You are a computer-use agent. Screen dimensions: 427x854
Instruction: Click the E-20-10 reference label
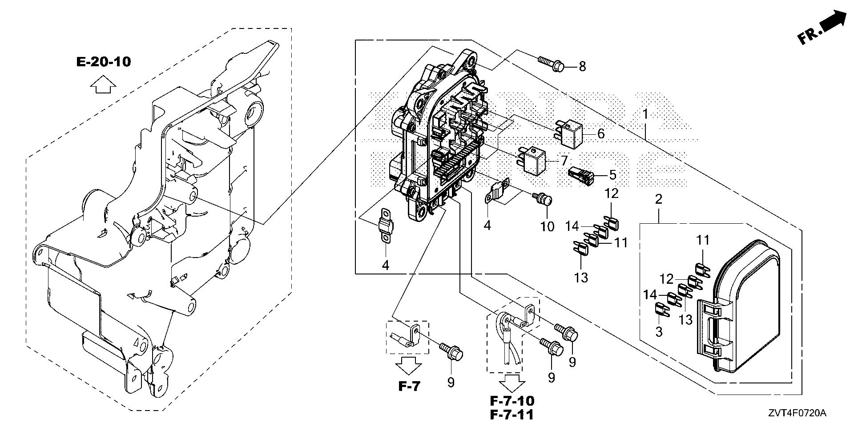click(x=104, y=62)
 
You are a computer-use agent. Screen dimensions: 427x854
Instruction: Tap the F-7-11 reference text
click(x=512, y=415)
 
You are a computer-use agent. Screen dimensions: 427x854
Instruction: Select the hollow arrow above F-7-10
click(x=512, y=382)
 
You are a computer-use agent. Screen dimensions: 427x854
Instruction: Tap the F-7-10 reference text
click(x=512, y=400)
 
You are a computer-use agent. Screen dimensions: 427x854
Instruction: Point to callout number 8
click(x=582, y=67)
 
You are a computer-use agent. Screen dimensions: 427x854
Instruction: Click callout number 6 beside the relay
click(x=601, y=133)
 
